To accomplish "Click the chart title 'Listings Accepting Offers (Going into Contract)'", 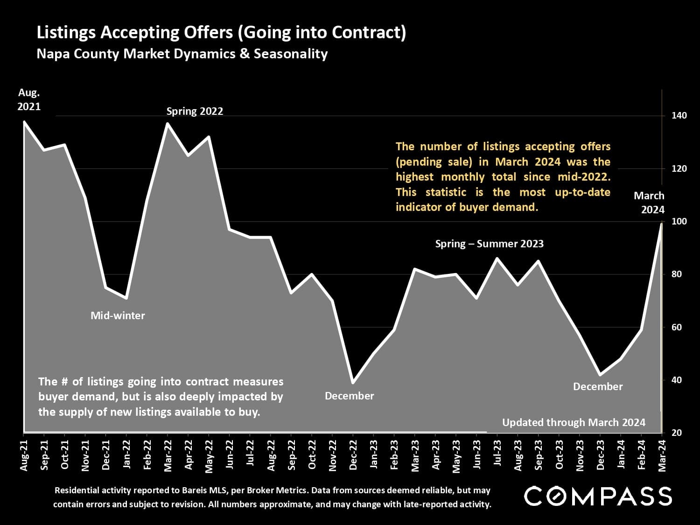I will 221,33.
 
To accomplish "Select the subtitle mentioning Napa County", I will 182,54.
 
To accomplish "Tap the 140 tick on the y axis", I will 679,116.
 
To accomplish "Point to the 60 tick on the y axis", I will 676,327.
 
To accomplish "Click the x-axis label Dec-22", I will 353,455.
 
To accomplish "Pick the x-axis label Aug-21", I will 24,455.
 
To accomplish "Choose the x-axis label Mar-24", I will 662,455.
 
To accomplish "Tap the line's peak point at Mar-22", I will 167,123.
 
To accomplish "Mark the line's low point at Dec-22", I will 353,383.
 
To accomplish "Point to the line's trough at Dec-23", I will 600,375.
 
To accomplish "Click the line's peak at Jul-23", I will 497,258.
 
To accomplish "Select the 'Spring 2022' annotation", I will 195,111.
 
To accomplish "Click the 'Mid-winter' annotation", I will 118,315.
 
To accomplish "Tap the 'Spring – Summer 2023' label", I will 489,244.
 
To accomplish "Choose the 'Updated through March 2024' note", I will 574,422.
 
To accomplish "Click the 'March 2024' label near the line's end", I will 649,203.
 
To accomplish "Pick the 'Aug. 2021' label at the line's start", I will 29,99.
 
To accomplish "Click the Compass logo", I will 598,496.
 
